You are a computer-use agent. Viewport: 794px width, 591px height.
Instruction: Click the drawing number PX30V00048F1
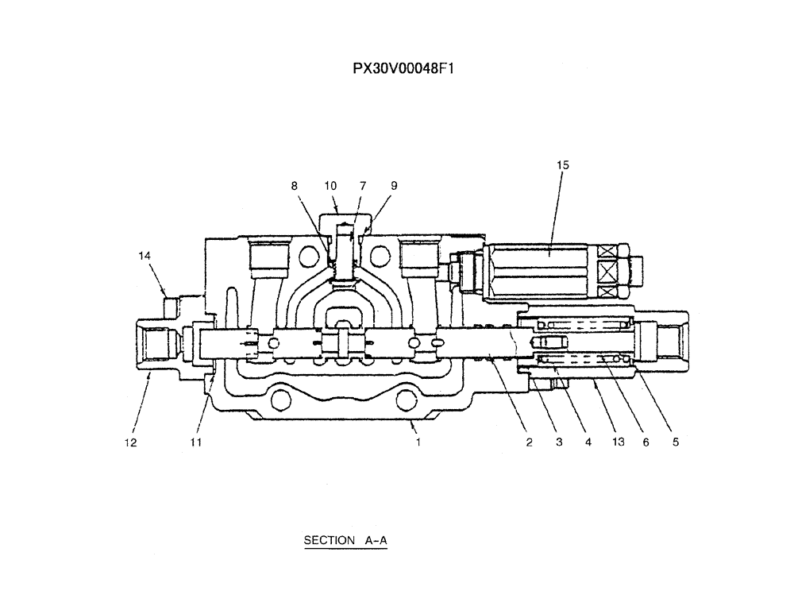pyautogui.click(x=403, y=68)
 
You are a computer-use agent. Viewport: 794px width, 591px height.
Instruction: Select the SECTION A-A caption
pyautogui.click(x=345, y=540)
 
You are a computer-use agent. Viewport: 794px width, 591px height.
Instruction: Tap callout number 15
pyautogui.click(x=563, y=165)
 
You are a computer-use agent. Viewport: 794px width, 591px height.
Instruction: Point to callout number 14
pyautogui.click(x=144, y=256)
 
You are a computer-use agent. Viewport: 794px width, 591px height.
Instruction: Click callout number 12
pyautogui.click(x=130, y=442)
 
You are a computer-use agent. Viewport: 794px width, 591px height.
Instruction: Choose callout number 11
pyautogui.click(x=195, y=442)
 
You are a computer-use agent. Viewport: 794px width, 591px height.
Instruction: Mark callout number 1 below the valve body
pyautogui.click(x=418, y=442)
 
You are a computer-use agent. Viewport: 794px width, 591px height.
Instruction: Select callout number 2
pyautogui.click(x=529, y=442)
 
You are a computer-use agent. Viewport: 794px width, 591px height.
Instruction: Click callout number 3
pyautogui.click(x=559, y=442)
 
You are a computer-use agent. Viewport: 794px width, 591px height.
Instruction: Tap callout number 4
pyautogui.click(x=589, y=442)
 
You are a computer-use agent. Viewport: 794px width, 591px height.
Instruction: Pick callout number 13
pyautogui.click(x=617, y=442)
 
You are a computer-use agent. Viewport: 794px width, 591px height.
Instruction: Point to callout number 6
pyautogui.click(x=646, y=442)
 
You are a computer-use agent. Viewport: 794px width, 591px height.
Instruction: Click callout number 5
pyautogui.click(x=675, y=442)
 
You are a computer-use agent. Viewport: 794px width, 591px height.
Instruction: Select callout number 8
pyautogui.click(x=295, y=185)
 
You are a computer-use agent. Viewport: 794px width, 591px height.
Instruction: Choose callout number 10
pyautogui.click(x=330, y=185)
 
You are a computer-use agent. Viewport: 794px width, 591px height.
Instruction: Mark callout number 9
pyautogui.click(x=394, y=185)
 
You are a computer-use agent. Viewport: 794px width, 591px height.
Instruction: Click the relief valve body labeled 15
pyautogui.click(x=540, y=270)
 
